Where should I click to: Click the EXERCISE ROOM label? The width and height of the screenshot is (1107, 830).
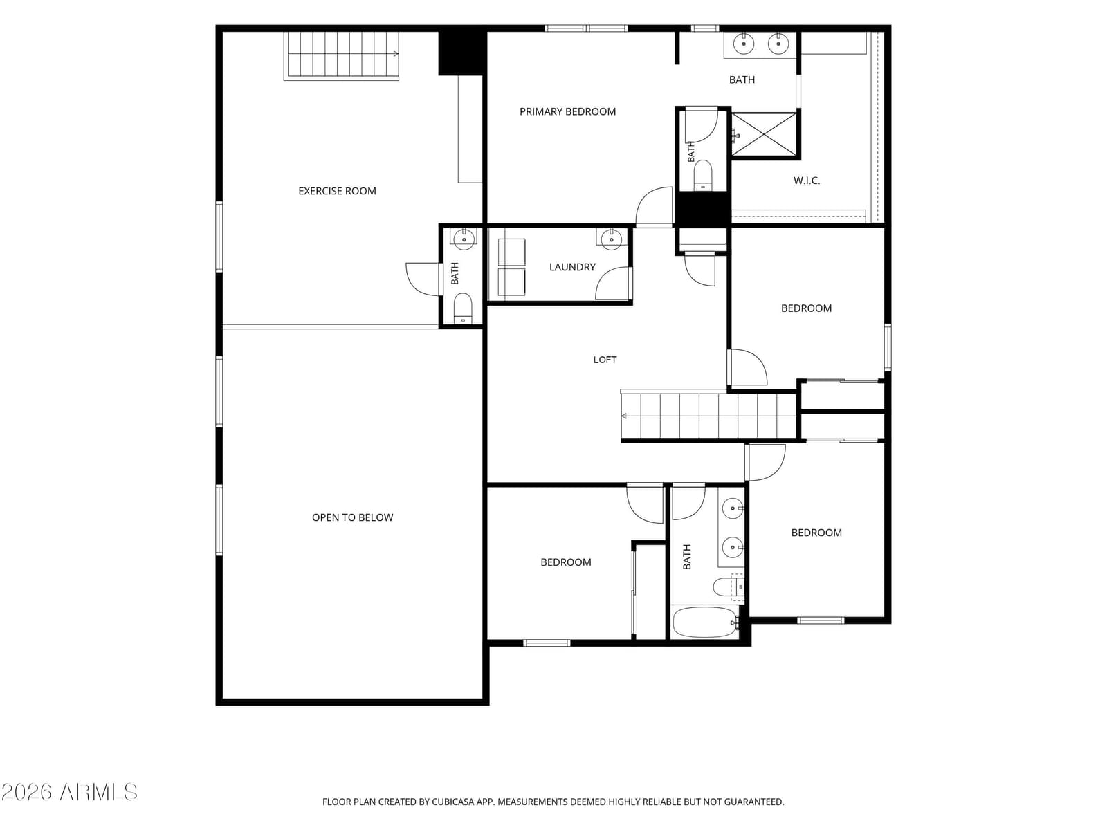point(337,191)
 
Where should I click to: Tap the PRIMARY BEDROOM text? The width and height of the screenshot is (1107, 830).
point(567,111)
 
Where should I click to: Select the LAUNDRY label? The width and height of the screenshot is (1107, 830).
point(572,267)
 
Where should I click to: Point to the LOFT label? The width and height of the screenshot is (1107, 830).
point(605,360)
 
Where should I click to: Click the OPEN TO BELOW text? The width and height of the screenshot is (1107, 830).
point(352,517)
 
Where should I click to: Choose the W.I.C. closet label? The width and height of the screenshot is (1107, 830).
point(806,181)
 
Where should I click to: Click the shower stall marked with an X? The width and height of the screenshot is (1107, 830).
point(764,134)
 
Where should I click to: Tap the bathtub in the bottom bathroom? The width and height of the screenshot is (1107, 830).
point(704,622)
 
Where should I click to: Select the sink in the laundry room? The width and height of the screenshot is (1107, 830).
point(611,239)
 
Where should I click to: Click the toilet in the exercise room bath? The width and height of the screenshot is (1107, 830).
point(462,308)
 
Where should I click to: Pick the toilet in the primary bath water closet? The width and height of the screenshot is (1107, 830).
point(702,175)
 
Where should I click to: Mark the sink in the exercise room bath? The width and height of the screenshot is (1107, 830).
point(464,239)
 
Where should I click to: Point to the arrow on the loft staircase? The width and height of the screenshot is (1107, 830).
point(624,416)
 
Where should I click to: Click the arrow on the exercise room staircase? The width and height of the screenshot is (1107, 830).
point(396,54)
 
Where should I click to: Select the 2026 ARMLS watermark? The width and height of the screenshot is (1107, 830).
point(69,793)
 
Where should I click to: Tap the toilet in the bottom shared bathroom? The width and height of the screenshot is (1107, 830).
point(726,587)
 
